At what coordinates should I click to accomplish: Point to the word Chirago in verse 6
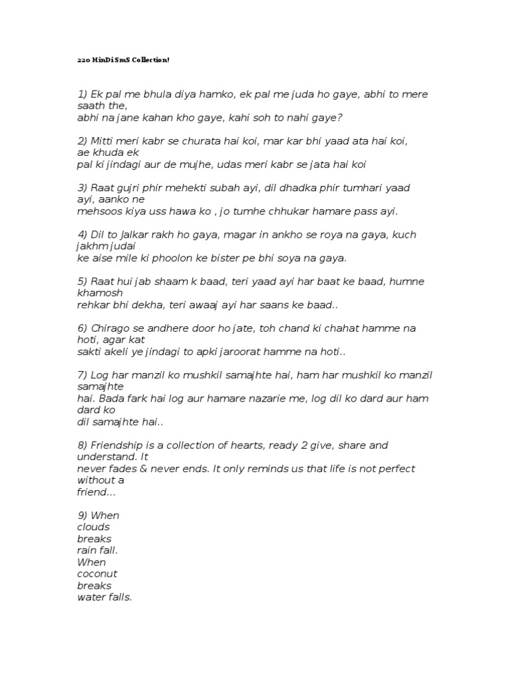click(x=110, y=328)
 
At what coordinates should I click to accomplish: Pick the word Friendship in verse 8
click(x=118, y=445)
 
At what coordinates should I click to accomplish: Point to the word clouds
click(x=94, y=527)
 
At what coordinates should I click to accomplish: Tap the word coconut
click(x=98, y=574)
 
